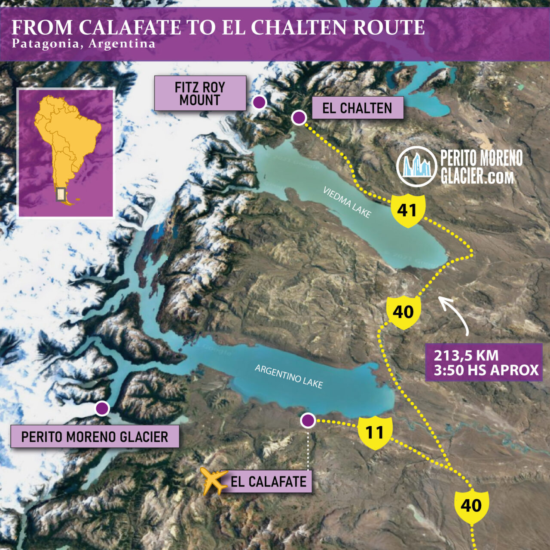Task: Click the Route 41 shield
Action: click(408, 211)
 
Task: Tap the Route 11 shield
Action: click(375, 432)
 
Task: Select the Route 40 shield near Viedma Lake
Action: click(403, 312)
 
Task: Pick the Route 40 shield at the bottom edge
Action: click(471, 506)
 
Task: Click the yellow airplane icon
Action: click(214, 481)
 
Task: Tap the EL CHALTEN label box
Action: click(357, 108)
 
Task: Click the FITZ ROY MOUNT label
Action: click(200, 93)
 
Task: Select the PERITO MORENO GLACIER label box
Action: click(95, 437)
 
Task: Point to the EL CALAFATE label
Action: click(269, 481)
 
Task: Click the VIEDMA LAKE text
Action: click(347, 202)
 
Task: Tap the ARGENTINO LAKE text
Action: click(289, 376)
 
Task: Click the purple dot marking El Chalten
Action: click(299, 117)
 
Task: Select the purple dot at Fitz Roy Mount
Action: click(259, 102)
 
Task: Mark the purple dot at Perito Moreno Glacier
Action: click(102, 408)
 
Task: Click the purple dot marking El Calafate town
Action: click(308, 421)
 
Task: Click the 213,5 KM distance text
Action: click(466, 356)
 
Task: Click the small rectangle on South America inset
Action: click(61, 194)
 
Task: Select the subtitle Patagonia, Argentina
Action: click(83, 44)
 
